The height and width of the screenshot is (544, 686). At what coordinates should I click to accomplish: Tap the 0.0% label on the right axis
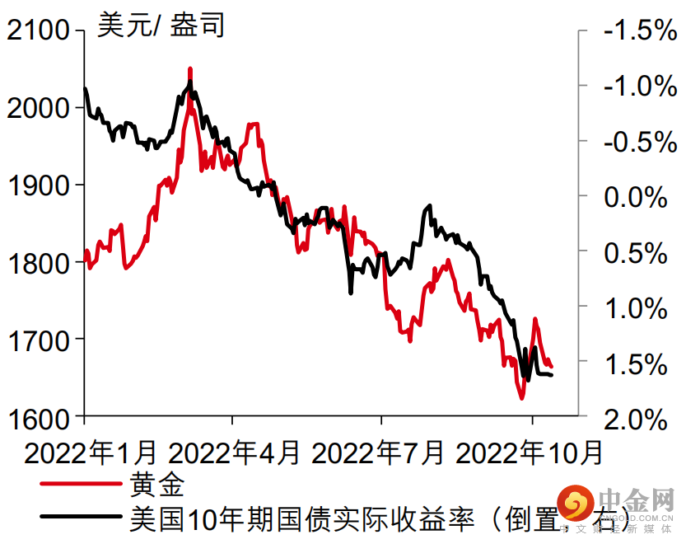point(637,197)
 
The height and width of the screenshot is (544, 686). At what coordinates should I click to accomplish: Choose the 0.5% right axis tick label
point(637,252)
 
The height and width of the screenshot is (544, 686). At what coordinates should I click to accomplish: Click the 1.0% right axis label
point(637,307)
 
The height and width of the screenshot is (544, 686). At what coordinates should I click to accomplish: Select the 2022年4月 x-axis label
point(234,453)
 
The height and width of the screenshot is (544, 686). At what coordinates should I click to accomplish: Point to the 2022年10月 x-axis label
point(529,453)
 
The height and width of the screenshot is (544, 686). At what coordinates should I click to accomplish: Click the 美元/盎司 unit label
point(161,26)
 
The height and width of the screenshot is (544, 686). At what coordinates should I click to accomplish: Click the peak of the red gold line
point(190,69)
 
